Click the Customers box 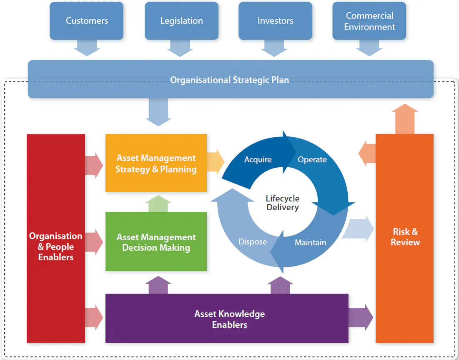[x=87, y=21]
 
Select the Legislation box [x=181, y=21]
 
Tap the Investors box [x=275, y=21]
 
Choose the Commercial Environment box [x=369, y=21]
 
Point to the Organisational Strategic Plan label [x=229, y=80]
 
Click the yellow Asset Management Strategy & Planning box [x=156, y=164]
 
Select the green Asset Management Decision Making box [x=156, y=242]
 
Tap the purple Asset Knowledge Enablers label [x=229, y=319]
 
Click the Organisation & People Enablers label [x=56, y=247]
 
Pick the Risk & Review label [x=405, y=237]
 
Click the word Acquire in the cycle [x=258, y=160]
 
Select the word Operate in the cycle [x=312, y=160]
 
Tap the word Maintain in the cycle [x=310, y=242]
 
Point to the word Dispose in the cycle [x=253, y=242]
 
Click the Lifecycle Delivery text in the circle [x=283, y=203]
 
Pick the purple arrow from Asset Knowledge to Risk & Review [x=361, y=318]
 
